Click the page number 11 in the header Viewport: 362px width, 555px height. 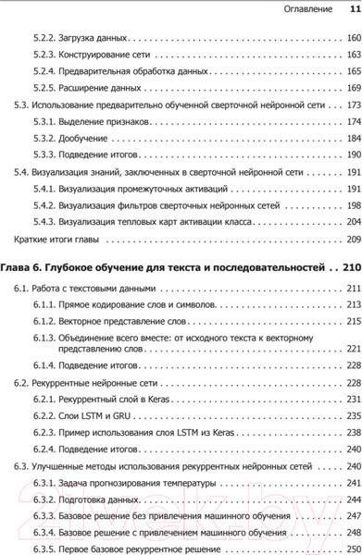point(352,9)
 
